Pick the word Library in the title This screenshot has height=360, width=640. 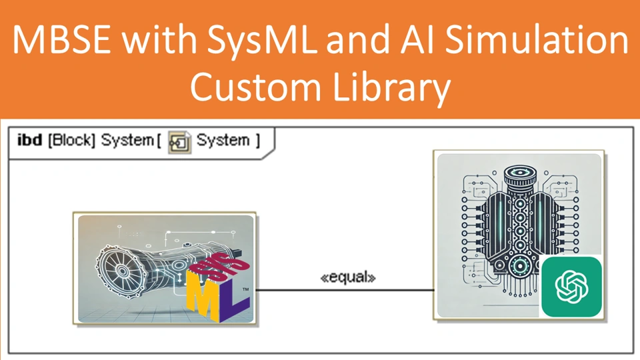(389, 89)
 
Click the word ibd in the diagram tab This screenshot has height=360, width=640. (29, 141)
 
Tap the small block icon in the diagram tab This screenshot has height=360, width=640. (180, 141)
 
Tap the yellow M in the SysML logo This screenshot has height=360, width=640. (203, 298)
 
